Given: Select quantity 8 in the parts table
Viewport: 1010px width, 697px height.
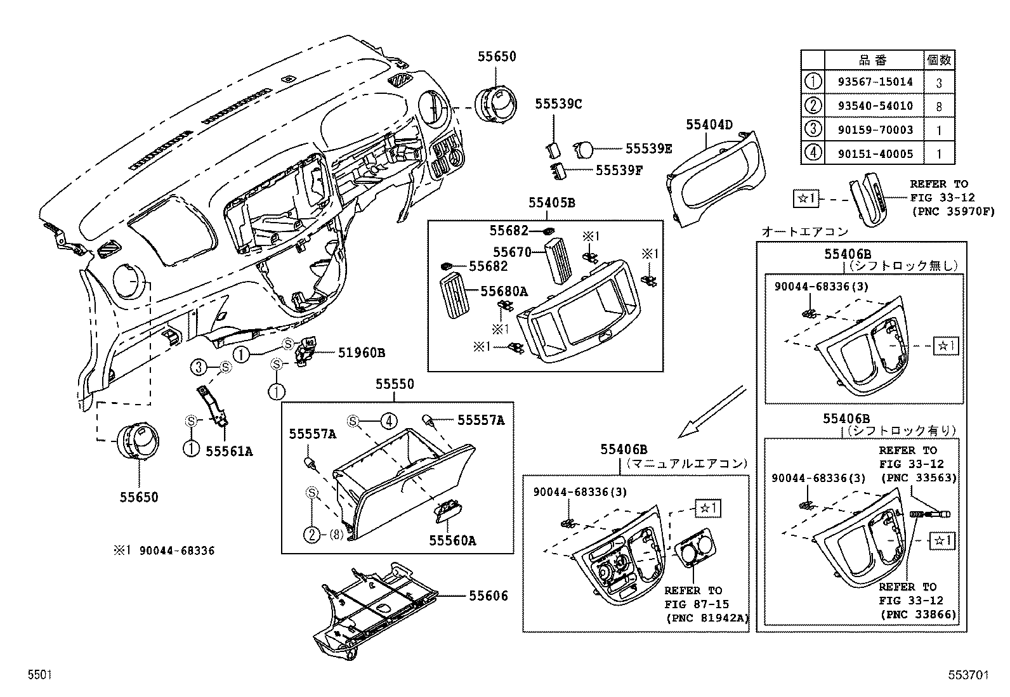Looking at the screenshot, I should click(939, 107).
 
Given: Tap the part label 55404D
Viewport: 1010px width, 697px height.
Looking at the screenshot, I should click(709, 125).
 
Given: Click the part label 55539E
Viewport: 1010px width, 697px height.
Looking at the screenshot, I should click(648, 148).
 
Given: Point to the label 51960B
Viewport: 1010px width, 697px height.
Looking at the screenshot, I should click(361, 353).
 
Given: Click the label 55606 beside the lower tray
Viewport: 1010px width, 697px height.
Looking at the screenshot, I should click(489, 596).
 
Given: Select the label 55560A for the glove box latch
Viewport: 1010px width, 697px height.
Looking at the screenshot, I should click(452, 540).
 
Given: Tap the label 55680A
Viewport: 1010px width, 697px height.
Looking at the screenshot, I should click(504, 291).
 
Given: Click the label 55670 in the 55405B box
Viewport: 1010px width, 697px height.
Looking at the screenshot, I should click(513, 252).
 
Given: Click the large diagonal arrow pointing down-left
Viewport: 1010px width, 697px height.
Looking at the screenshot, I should click(711, 412).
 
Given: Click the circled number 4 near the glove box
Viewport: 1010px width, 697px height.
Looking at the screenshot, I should click(389, 420).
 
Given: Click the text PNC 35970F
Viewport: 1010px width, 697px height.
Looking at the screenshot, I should click(952, 211).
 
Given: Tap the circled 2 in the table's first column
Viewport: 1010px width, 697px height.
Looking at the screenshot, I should click(812, 106).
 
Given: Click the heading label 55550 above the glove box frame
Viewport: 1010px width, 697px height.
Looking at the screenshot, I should click(394, 384).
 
